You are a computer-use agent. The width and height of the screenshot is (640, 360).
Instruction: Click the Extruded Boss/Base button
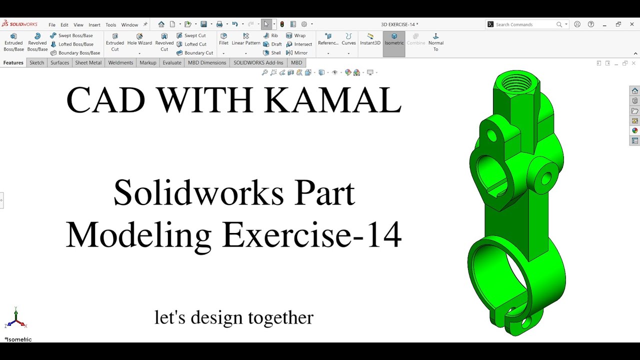pyautogui.click(x=13, y=42)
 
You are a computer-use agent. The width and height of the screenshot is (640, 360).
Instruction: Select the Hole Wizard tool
pyautogui.click(x=139, y=39)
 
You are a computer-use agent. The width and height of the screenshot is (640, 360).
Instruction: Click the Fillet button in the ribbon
pyautogui.click(x=223, y=39)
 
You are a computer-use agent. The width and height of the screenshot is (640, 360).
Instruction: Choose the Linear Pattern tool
pyautogui.click(x=246, y=39)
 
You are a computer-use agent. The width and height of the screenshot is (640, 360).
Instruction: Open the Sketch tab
pyautogui.click(x=36, y=62)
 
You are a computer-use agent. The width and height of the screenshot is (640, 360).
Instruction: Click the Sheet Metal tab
pyautogui.click(x=88, y=62)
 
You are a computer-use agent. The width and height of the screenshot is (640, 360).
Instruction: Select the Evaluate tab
pyautogui.click(x=172, y=62)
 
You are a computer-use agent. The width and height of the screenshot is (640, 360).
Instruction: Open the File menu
pyautogui.click(x=52, y=24)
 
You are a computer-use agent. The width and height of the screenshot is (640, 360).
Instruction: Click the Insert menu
pyautogui.click(x=94, y=24)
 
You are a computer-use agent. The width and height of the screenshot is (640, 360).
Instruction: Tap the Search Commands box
pyautogui.click(x=525, y=24)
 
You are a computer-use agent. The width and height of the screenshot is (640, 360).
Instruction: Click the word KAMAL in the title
pyautogui.click(x=332, y=100)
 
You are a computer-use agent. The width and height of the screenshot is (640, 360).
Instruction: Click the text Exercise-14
pyautogui.click(x=311, y=234)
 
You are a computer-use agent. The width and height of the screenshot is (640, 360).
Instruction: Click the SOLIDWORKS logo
pyautogui.click(x=19, y=24)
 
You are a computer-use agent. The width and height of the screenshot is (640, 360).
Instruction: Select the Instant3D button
pyautogui.click(x=370, y=39)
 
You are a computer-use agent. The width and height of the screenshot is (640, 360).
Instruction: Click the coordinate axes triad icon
pyautogui.click(x=16, y=318)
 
